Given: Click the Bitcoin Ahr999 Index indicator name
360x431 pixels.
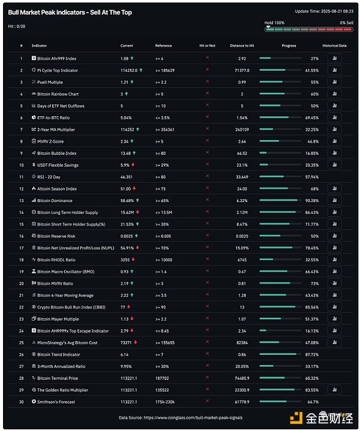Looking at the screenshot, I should [x=56, y=58].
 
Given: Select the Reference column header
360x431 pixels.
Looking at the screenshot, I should [x=163, y=46].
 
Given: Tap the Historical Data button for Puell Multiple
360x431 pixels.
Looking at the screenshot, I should [x=334, y=82].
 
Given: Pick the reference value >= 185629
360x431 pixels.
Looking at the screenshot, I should [x=166, y=70].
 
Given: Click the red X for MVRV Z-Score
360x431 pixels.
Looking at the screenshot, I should [x=207, y=141].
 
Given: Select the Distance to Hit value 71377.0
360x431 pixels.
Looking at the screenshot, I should [x=242, y=70].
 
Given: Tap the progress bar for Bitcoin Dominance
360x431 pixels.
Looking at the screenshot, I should [x=278, y=200].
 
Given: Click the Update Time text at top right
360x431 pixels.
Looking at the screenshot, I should [x=323, y=11].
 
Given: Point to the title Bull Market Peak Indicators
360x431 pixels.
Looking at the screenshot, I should [x=70, y=12].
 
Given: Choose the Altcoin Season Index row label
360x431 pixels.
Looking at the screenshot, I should [x=56, y=188].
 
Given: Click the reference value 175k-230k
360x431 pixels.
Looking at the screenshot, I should [x=165, y=402].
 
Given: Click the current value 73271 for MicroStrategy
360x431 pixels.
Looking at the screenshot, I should [x=126, y=342].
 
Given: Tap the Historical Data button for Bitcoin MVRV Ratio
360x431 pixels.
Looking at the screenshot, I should [x=334, y=283].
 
